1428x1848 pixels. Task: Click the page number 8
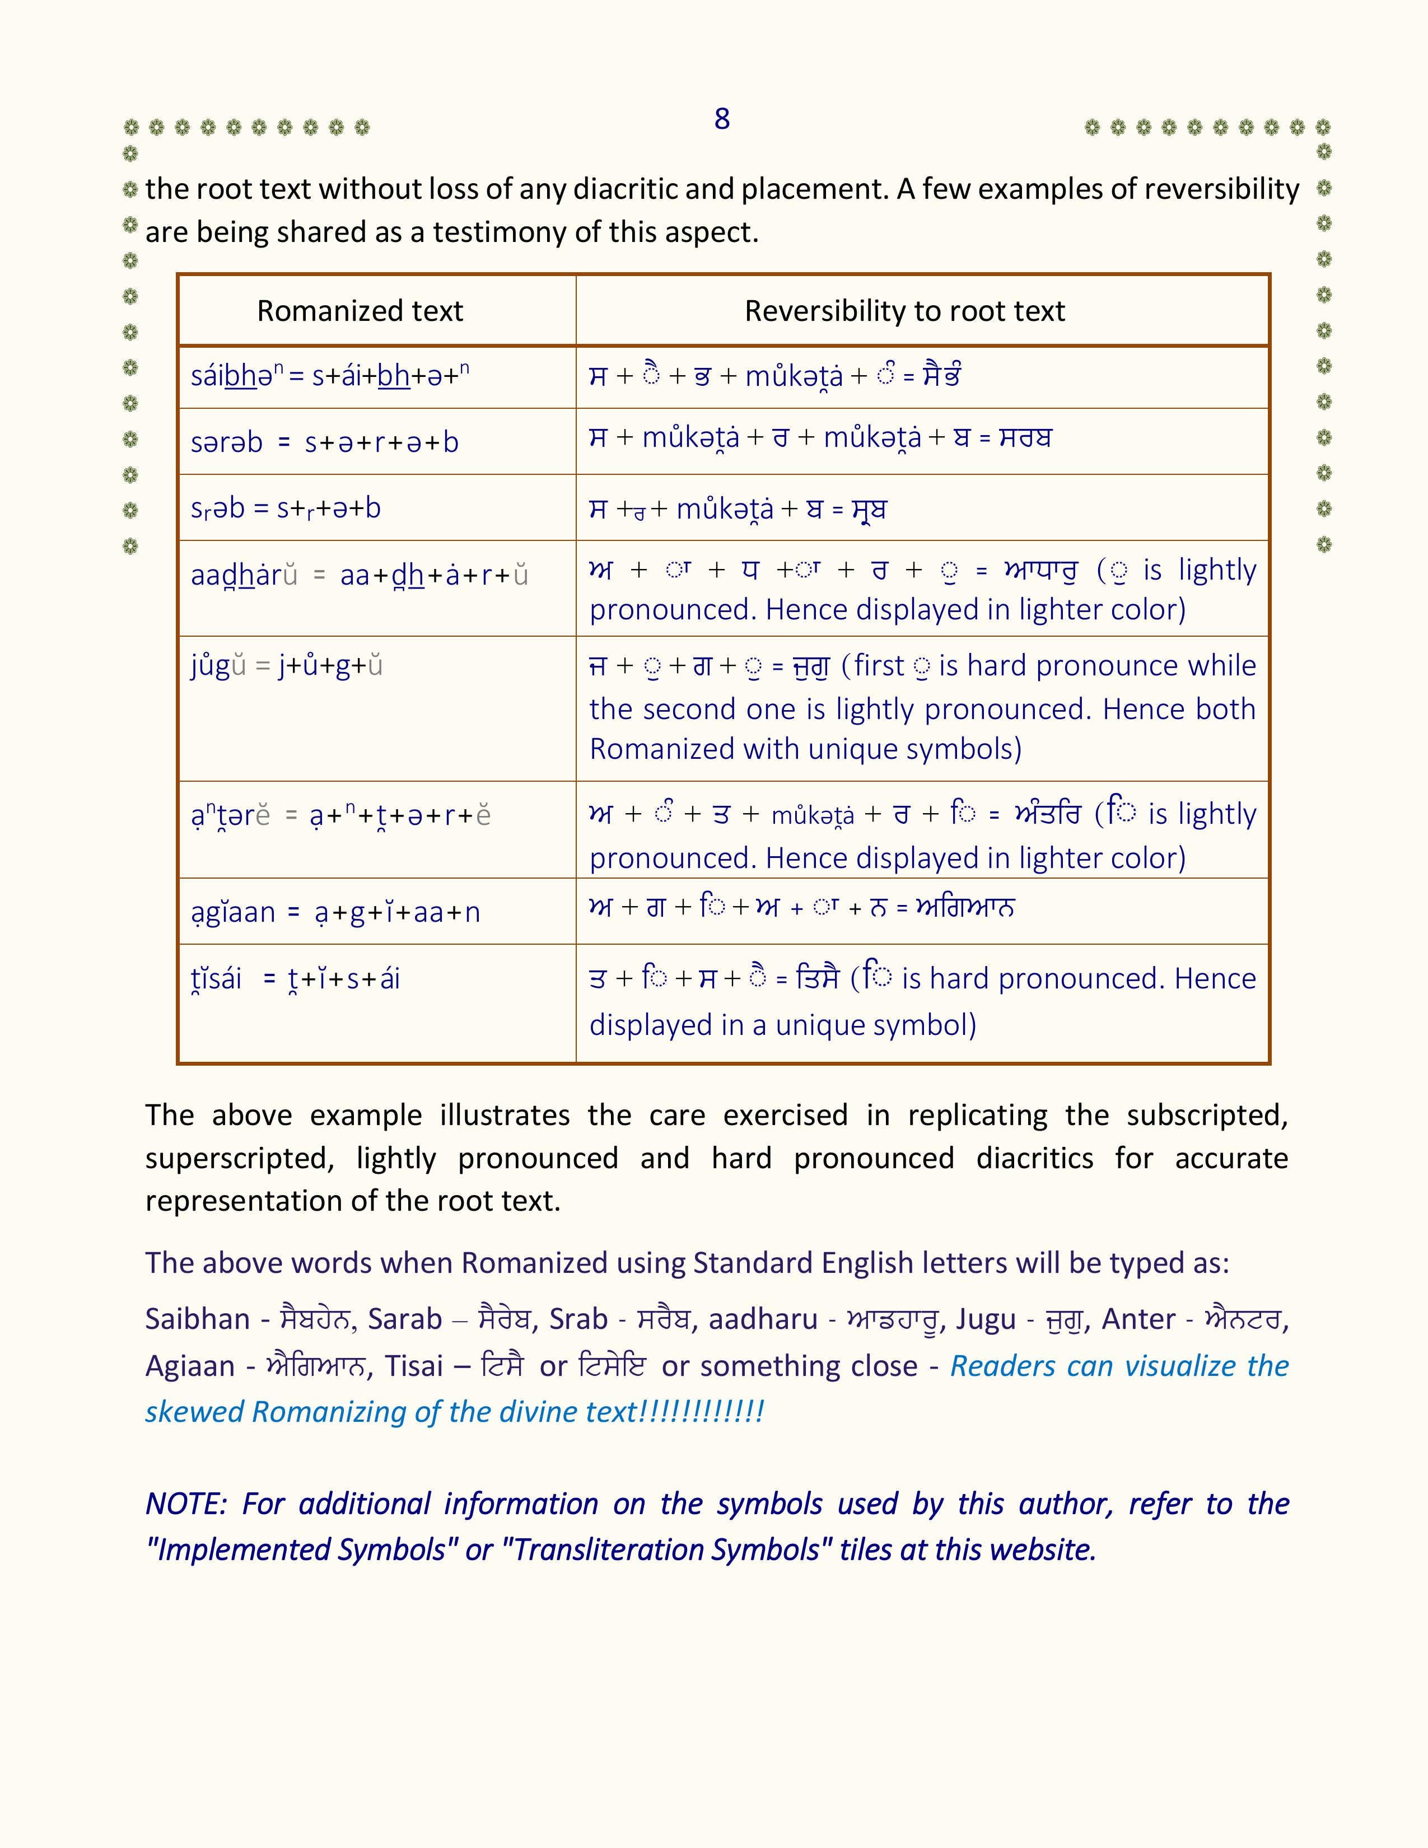[x=722, y=119]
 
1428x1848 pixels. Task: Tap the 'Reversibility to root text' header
[x=904, y=311]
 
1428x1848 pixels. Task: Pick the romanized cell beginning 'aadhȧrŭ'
[x=359, y=575]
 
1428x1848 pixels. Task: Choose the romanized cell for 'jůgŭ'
[x=287, y=666]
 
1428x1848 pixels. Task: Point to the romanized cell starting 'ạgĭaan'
[x=335, y=912]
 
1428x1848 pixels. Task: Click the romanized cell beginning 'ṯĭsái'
[x=295, y=979]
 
